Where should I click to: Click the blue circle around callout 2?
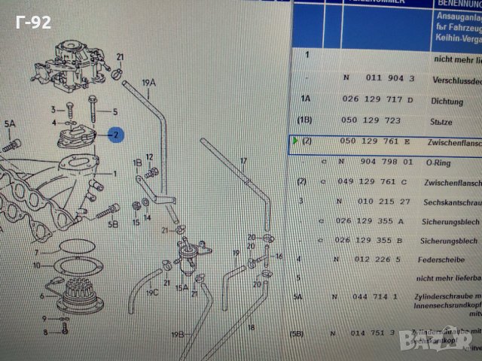pyautogui.click(x=116, y=135)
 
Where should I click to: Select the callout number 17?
pyautogui.click(x=243, y=160)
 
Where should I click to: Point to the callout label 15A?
pyautogui.click(x=182, y=287)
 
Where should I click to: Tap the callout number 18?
pyautogui.click(x=251, y=328)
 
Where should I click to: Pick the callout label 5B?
pyautogui.click(x=113, y=224)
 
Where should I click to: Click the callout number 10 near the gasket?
pyautogui.click(x=36, y=265)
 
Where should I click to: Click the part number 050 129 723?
pyautogui.click(x=370, y=120)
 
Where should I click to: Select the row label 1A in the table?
pyautogui.click(x=306, y=99)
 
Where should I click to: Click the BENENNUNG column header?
pyautogui.click(x=456, y=4)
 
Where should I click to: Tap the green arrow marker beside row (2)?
pyautogui.click(x=294, y=141)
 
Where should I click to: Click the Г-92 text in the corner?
pyautogui.click(x=35, y=22)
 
